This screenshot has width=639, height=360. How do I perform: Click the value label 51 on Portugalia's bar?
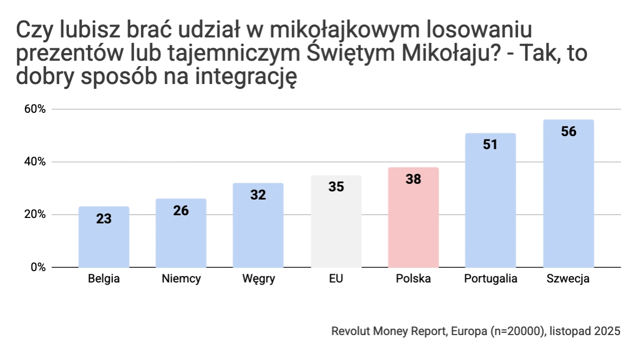point(490,145)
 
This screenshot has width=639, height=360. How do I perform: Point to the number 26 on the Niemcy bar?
point(181,210)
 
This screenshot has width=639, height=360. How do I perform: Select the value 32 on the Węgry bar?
point(258,195)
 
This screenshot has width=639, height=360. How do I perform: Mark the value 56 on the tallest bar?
point(569,132)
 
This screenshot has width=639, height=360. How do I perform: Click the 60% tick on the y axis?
point(34,109)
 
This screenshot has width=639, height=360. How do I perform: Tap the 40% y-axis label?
point(34,162)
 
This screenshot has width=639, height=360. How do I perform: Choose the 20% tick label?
point(34,215)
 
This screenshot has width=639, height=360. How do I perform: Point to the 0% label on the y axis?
point(37,267)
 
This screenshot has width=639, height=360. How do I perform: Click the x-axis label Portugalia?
point(490,279)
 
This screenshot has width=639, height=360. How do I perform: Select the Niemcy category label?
point(181,279)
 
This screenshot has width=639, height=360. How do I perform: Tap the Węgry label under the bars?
point(259,280)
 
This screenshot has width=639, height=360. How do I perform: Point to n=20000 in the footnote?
point(516,331)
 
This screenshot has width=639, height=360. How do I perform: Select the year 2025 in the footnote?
point(608,331)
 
